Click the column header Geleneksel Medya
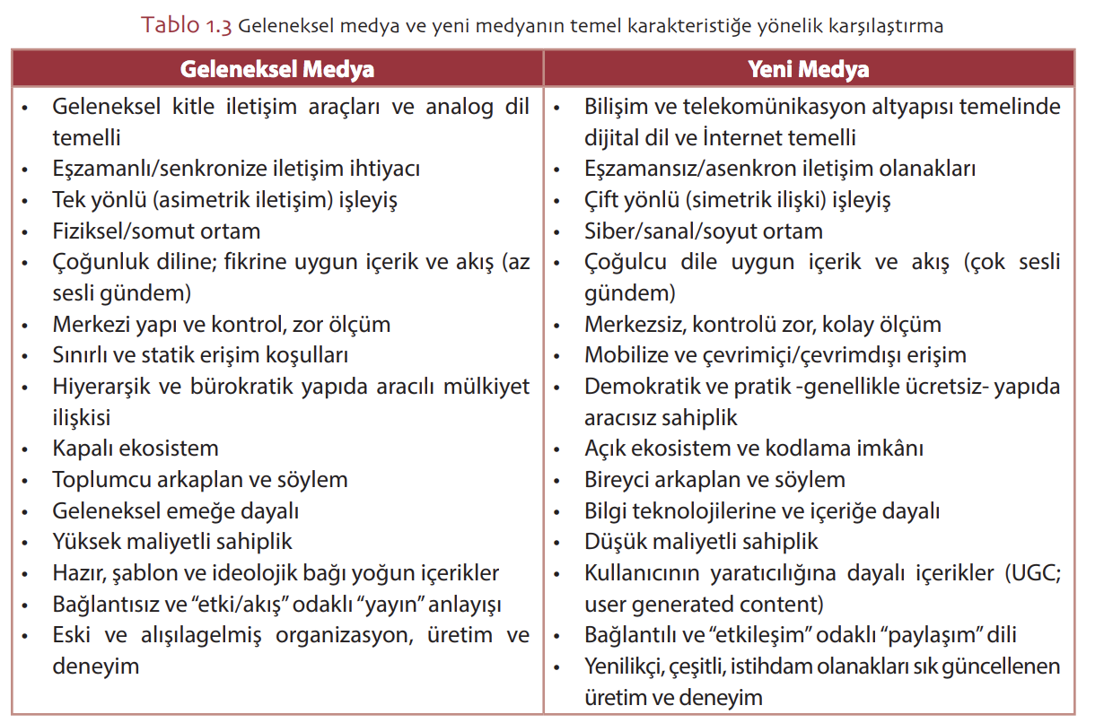coord(277,69)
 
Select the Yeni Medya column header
coord(809,69)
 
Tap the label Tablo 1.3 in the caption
coord(186,25)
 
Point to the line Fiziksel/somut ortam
coord(156,231)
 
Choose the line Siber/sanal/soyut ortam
coord(703,231)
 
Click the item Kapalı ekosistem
coord(135,448)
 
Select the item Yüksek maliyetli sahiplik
coord(172,541)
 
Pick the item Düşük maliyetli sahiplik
coord(701,541)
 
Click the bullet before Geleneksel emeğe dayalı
coord(26,511)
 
